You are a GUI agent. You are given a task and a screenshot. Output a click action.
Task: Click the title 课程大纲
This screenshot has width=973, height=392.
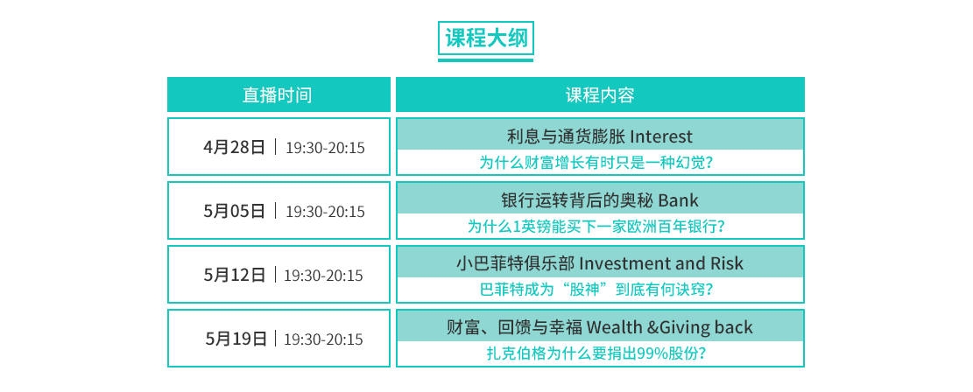pyautogui.click(x=486, y=38)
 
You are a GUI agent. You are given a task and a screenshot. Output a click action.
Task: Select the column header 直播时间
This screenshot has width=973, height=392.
pyautogui.click(x=277, y=94)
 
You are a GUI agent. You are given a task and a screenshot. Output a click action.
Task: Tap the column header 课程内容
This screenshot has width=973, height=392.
pyautogui.click(x=599, y=94)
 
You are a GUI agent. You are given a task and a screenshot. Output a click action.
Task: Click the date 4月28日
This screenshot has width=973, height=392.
pyautogui.click(x=235, y=147)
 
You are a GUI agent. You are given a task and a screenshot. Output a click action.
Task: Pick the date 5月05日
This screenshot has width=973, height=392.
pyautogui.click(x=235, y=211)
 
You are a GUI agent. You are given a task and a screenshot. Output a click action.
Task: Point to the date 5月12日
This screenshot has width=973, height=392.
pyautogui.click(x=235, y=275)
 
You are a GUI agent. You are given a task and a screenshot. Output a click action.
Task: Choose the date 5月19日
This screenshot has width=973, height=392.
pyautogui.click(x=236, y=339)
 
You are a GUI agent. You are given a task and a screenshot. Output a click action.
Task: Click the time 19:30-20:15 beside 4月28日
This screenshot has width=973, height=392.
pyautogui.click(x=325, y=148)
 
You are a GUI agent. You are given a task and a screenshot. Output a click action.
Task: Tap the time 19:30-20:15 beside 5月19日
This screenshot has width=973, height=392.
pyautogui.click(x=323, y=339)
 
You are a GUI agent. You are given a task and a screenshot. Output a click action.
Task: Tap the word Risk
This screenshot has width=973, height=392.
pyautogui.click(x=727, y=263)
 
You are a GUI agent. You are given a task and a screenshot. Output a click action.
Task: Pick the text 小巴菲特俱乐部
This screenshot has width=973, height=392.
pyautogui.click(x=515, y=263)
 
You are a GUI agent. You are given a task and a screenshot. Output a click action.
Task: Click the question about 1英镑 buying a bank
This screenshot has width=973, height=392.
pyautogui.click(x=596, y=227)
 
